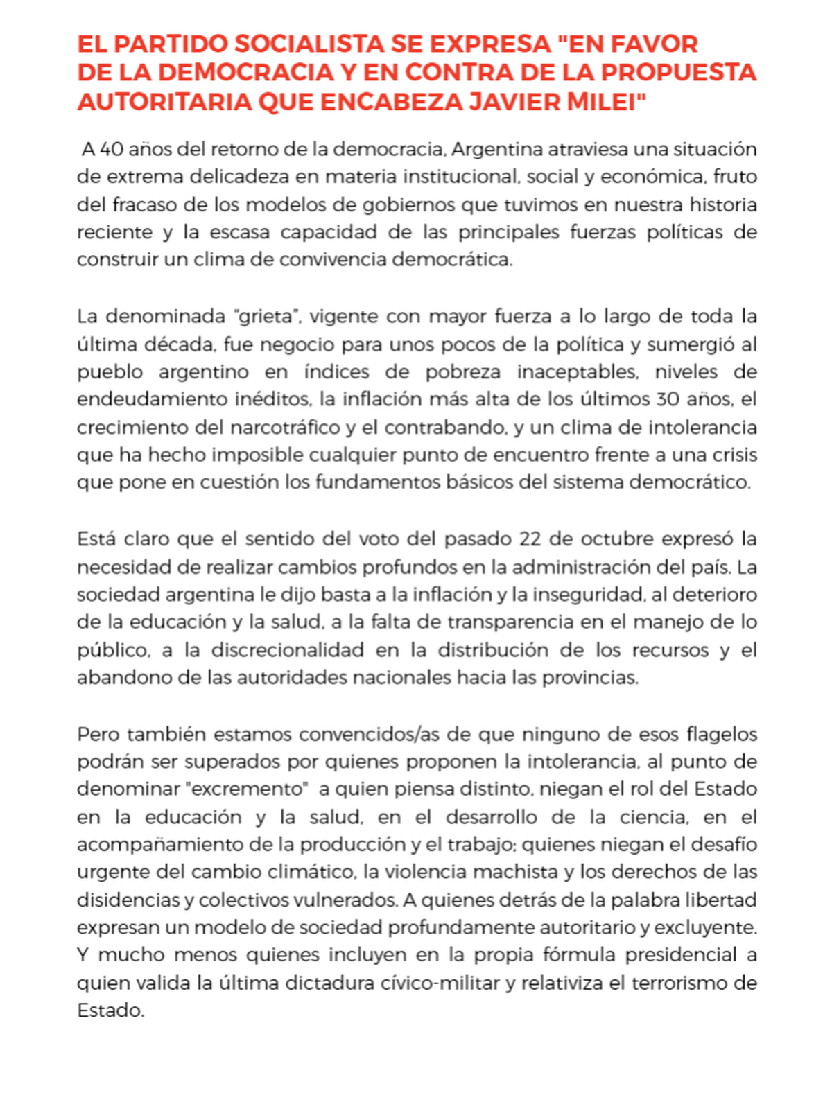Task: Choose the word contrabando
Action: pos(445,428)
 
